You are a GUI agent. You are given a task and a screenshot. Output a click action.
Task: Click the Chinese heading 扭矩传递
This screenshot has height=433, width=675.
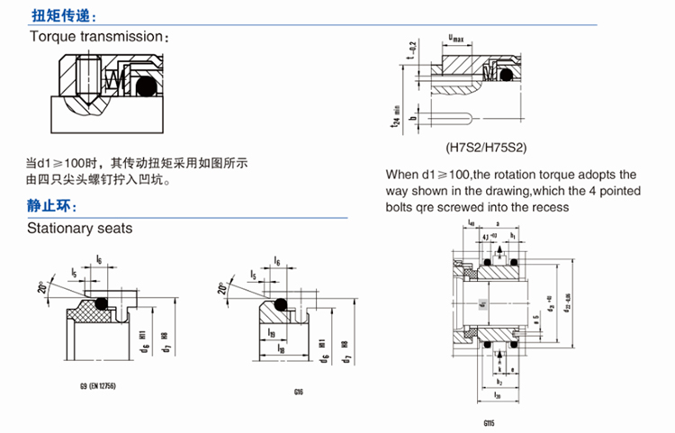59,16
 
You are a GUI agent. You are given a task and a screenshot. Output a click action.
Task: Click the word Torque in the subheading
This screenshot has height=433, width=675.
53,37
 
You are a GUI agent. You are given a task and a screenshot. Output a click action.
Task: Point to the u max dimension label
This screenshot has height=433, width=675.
457,37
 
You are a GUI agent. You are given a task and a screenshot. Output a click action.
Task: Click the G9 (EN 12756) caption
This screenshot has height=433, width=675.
98,385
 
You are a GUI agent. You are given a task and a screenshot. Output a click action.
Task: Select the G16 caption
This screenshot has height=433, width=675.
298,392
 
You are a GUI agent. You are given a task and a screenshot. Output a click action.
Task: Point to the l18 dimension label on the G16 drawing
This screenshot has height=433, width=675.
281,347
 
